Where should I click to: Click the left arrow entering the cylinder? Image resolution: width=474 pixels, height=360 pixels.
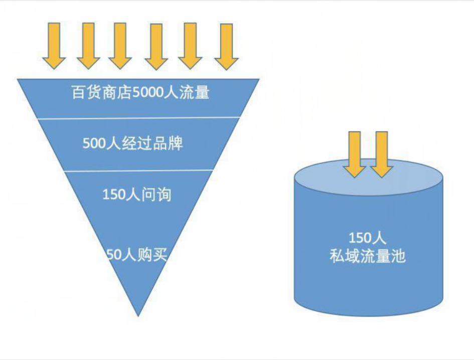[355, 153]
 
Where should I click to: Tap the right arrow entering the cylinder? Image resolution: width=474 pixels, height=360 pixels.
[381, 153]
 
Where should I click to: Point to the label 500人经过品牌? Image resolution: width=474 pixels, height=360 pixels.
[133, 144]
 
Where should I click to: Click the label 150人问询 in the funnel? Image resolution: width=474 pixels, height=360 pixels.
[136, 194]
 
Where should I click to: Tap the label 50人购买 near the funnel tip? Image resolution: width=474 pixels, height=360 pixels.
[136, 255]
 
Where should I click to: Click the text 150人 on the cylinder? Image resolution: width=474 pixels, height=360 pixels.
[367, 237]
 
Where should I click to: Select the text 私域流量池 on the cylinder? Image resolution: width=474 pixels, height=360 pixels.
[367, 256]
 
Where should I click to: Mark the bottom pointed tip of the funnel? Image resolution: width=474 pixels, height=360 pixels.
[138, 314]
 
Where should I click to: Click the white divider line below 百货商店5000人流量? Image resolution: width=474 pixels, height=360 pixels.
[138, 119]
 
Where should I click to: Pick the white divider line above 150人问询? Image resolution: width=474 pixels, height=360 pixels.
[138, 171]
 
